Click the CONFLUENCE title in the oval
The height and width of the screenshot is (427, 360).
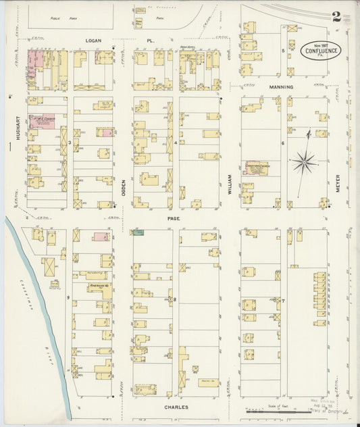coord(321,51)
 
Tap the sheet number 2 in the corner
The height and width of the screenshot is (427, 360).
coord(336,18)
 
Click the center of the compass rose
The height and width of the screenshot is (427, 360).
coord(305,161)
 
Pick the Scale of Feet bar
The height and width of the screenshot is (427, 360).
coord(277,410)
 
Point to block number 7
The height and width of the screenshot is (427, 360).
coord(283,300)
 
